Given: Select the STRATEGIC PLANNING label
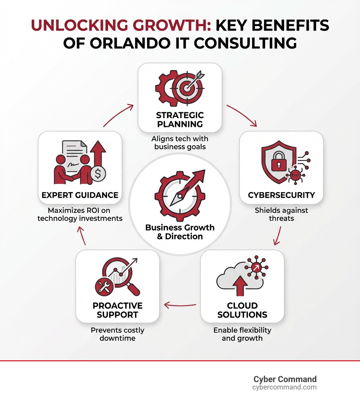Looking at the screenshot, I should pos(180,120).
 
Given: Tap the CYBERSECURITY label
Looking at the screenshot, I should pos(281,195).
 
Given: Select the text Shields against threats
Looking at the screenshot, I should pos(281,214).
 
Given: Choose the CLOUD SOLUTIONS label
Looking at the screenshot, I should pos(242,310).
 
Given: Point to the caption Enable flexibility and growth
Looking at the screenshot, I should pos(242,334).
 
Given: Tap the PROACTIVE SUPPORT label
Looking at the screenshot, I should pos(117,310).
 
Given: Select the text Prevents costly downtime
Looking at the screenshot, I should pos(117,334).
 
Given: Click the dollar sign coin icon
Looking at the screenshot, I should pos(98,173).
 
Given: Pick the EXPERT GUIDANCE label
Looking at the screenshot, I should pos(80,195).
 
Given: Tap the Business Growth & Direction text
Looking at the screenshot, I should pos(180,232).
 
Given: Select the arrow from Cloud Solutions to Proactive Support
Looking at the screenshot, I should pos(180,305).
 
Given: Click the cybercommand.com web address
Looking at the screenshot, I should pos(284,387).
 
